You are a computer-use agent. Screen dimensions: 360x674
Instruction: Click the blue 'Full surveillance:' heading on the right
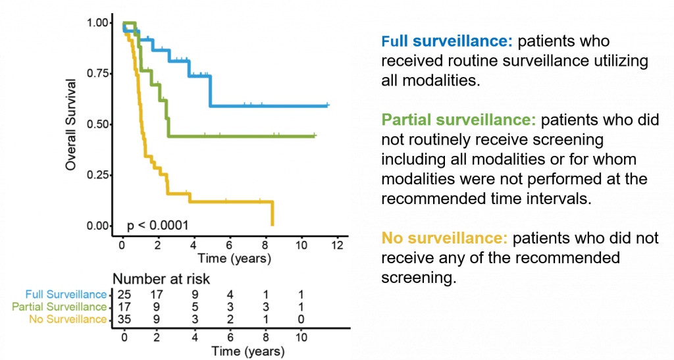(x=446, y=41)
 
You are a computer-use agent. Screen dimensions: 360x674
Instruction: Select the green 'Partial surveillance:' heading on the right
(x=459, y=120)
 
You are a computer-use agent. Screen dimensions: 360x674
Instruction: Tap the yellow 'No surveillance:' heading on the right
(x=444, y=238)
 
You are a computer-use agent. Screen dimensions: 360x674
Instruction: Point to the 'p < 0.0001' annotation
(x=158, y=226)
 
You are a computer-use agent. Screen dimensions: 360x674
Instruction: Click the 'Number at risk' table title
(x=161, y=279)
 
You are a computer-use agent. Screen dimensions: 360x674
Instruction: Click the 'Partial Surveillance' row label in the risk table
(x=59, y=307)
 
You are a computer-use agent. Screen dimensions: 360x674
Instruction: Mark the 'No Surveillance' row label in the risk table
(x=68, y=319)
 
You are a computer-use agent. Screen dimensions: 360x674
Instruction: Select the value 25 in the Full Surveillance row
(x=124, y=294)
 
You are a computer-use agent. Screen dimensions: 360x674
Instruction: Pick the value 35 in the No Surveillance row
(x=124, y=319)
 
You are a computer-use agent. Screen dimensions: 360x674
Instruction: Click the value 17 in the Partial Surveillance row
(x=124, y=307)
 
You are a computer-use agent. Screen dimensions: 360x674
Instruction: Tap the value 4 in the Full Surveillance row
(x=230, y=294)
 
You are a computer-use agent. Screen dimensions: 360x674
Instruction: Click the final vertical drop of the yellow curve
(x=272, y=213)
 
